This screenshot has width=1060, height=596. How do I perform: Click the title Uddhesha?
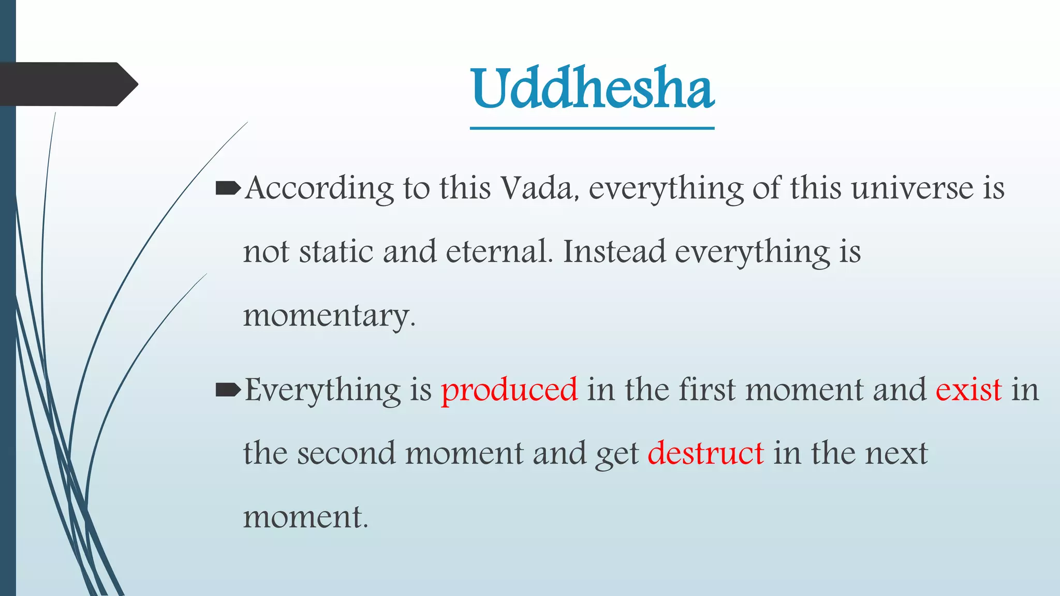click(593, 89)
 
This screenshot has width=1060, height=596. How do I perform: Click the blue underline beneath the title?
click(592, 128)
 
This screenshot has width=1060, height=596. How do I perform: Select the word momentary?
click(329, 316)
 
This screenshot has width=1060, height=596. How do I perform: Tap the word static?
click(336, 252)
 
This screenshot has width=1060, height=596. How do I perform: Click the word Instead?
click(614, 252)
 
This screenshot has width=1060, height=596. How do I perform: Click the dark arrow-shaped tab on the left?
click(67, 84)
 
